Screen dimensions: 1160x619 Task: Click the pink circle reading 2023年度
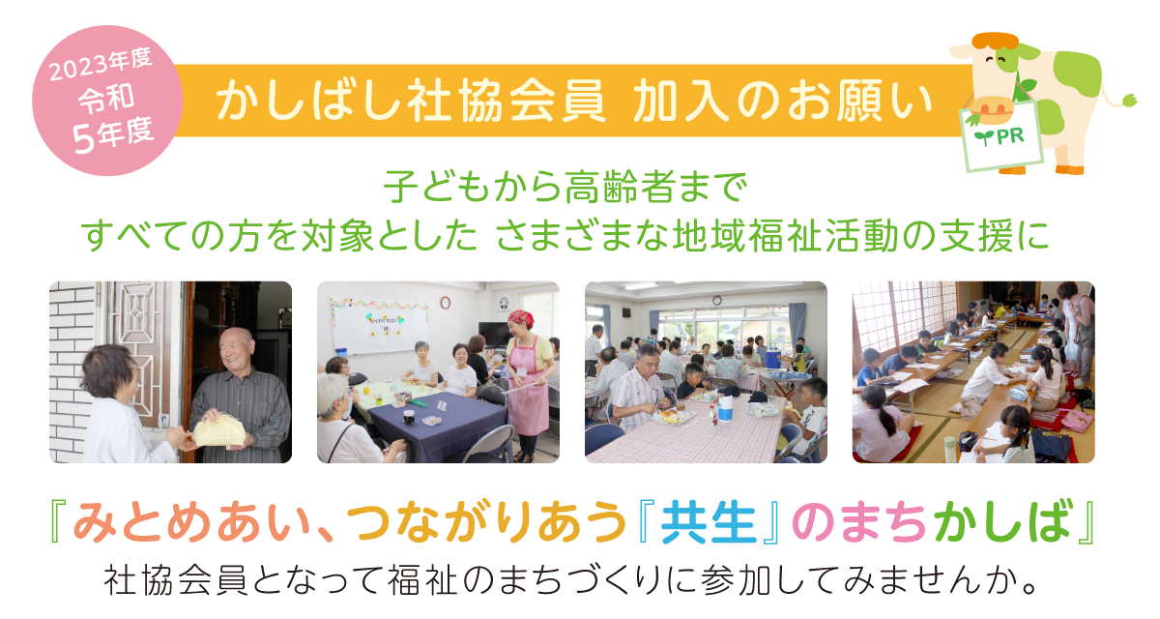pos(107,101)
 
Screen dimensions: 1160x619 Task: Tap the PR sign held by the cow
pos(1000,136)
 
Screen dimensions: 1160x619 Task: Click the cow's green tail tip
pos(1129,100)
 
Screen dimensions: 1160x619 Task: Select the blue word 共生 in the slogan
pos(708,523)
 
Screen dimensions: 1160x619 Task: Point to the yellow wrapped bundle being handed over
pos(219,431)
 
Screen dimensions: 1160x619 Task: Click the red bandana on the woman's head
pos(520,318)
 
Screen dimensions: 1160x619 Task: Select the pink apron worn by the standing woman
pos(527,388)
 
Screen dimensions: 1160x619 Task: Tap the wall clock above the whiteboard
pos(446,302)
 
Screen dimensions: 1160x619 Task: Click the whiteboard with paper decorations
pos(380,325)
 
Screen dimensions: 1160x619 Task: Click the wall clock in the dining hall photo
pos(716,301)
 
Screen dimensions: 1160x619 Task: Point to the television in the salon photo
pos(495,335)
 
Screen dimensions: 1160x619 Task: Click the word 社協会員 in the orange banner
pos(506,102)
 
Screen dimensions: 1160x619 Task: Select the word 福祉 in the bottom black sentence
pos(422,580)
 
